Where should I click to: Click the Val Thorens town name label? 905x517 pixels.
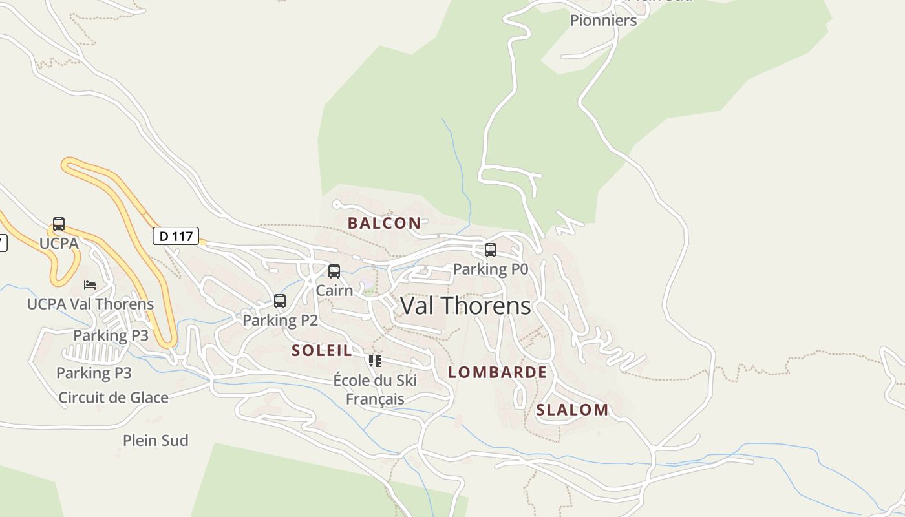465,306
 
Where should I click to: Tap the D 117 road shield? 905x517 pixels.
176,236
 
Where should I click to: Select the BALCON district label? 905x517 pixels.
384,224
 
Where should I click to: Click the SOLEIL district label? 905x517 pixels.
322,351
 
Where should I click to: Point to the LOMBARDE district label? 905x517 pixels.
497,372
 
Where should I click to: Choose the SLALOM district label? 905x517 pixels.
572,410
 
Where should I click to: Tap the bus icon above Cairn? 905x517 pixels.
334,271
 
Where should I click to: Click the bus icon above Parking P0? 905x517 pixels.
491,250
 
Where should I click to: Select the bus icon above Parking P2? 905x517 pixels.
280,301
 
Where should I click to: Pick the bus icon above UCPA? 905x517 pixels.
59,224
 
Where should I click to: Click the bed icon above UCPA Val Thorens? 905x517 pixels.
90,285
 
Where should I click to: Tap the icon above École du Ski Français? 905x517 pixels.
375,361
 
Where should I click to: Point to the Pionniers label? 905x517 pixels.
603,20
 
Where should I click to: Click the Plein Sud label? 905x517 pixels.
156,441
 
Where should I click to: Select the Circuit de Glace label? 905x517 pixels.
114,397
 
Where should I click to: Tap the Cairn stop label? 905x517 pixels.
334,290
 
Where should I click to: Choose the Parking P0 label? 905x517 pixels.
491,269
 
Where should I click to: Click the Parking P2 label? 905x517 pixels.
280,320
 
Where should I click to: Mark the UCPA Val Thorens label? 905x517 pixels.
90,304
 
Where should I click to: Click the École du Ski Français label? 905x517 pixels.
375,390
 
